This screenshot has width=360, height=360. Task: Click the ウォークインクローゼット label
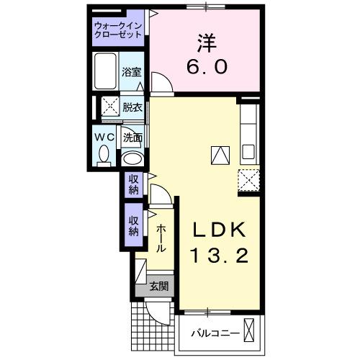click(118, 32)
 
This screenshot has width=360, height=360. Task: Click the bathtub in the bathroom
click(106, 71)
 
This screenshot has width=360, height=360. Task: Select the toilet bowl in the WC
click(104, 154)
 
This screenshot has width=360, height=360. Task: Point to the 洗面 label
click(132, 136)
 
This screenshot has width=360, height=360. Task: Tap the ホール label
click(161, 237)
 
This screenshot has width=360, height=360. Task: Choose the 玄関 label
click(159, 286)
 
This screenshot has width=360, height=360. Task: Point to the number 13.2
click(219, 255)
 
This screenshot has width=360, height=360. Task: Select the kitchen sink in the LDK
click(248, 152)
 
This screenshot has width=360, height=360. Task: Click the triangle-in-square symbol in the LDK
click(219, 153)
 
